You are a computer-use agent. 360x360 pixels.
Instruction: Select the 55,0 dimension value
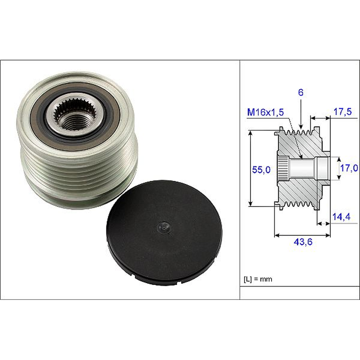[261, 170]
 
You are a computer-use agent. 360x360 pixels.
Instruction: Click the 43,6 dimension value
[303, 242]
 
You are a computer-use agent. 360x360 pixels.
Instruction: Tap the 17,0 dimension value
[349, 168]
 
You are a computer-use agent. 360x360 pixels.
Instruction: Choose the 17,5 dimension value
[342, 112]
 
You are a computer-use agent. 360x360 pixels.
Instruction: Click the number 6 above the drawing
[301, 93]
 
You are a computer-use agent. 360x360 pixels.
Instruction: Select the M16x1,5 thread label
[265, 113]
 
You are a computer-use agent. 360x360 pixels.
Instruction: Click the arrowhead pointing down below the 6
[301, 126]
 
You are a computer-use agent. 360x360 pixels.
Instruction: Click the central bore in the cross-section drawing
[302, 168]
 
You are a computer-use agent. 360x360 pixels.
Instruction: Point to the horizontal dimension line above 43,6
[302, 235]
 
